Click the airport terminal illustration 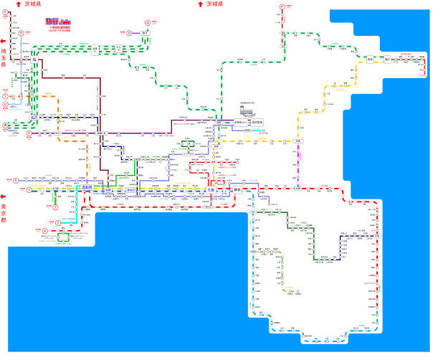(x=247, y=110)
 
